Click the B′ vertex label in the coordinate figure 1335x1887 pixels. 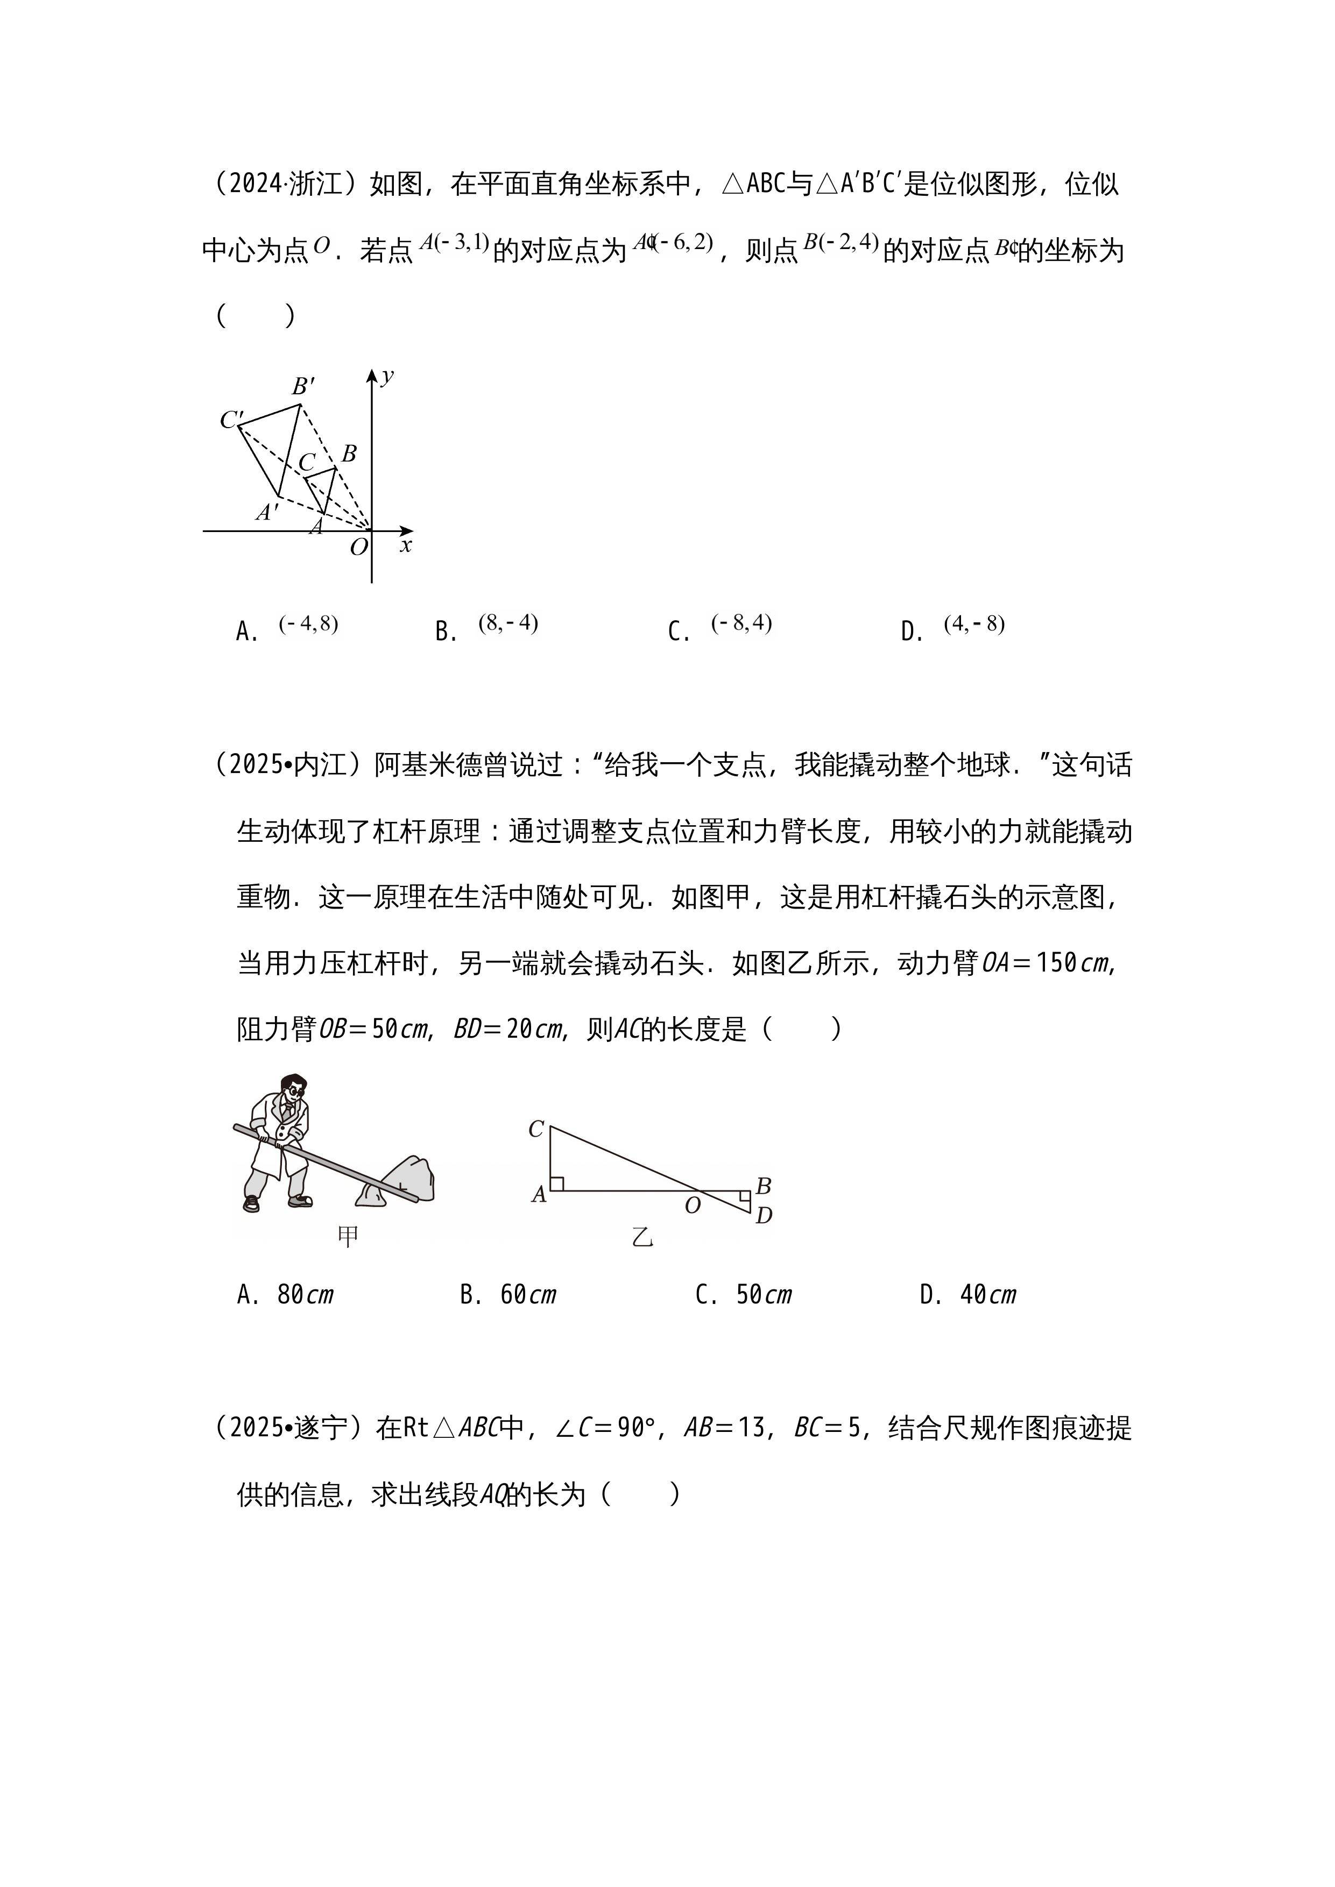tap(303, 386)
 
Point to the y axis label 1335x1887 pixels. tap(387, 377)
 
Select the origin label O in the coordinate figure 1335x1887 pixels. tap(358, 548)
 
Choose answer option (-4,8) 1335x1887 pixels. tap(308, 624)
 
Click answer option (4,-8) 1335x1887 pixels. tap(974, 624)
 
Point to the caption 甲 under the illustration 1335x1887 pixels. tap(349, 1236)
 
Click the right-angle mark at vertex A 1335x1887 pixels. tap(556, 1183)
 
